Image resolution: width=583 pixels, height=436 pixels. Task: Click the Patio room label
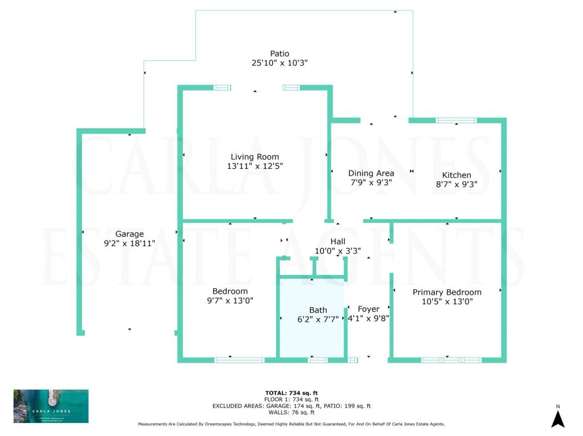coord(280,54)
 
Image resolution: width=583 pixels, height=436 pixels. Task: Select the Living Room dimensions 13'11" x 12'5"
coord(254,166)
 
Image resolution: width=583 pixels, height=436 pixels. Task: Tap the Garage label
coord(129,234)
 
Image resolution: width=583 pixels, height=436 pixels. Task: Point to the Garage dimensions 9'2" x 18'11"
coord(129,243)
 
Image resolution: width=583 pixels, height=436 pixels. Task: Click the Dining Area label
coord(371,173)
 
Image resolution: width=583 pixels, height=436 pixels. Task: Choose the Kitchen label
coord(457,175)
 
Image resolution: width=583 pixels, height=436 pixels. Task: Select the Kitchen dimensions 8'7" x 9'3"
coord(457,184)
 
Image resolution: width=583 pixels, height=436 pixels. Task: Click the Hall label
coord(338,242)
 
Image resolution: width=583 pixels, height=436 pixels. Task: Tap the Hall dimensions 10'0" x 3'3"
coord(338,251)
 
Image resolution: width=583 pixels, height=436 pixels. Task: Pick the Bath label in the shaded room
coord(318,310)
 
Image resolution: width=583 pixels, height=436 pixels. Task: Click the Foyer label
coord(368,309)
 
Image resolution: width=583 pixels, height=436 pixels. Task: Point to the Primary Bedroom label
coord(447,292)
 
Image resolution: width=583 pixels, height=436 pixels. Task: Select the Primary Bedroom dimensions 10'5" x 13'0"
coord(447,301)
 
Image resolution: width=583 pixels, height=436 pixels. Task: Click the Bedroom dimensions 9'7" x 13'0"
coord(230,301)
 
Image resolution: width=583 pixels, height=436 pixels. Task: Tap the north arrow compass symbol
coord(558,420)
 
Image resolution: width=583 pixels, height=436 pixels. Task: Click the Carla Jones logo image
coord(51,406)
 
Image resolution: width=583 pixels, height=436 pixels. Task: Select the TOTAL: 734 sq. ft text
coord(291,393)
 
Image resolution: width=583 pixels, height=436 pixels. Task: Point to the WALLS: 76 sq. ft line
coord(291,412)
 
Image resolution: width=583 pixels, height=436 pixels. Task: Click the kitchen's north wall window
coord(455,120)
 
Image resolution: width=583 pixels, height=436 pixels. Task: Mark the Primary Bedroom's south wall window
coord(451,360)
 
